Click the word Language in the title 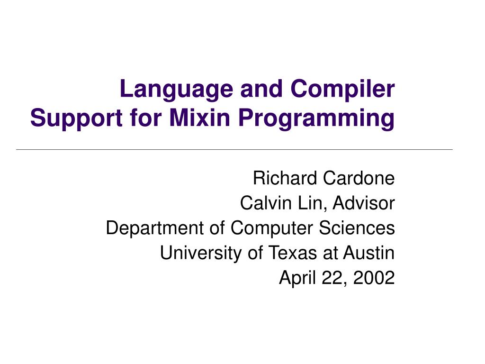pyautogui.click(x=176, y=90)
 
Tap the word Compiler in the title pyautogui.click(x=342, y=90)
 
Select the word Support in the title pyautogui.click(x=76, y=119)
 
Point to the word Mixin pyautogui.click(x=199, y=118)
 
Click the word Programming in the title pyautogui.click(x=316, y=119)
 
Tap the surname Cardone pyautogui.click(x=359, y=178)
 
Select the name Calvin pyautogui.click(x=266, y=203)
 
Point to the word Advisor pyautogui.click(x=364, y=203)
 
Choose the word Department pyautogui.click(x=155, y=228)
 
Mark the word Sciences pyautogui.click(x=357, y=228)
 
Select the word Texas pyautogui.click(x=293, y=253)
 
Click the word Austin pyautogui.click(x=369, y=253)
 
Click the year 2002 pyautogui.click(x=374, y=277)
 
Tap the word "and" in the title pyautogui.click(x=261, y=89)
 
